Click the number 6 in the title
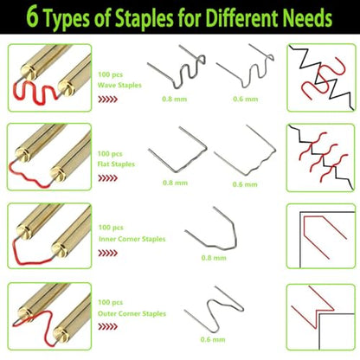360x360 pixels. [x=33, y=17]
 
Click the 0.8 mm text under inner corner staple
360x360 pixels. [x=214, y=258]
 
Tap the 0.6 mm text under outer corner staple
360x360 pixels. [x=213, y=339]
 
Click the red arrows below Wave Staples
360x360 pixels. [x=107, y=100]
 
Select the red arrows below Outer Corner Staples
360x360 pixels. [x=107, y=326]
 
